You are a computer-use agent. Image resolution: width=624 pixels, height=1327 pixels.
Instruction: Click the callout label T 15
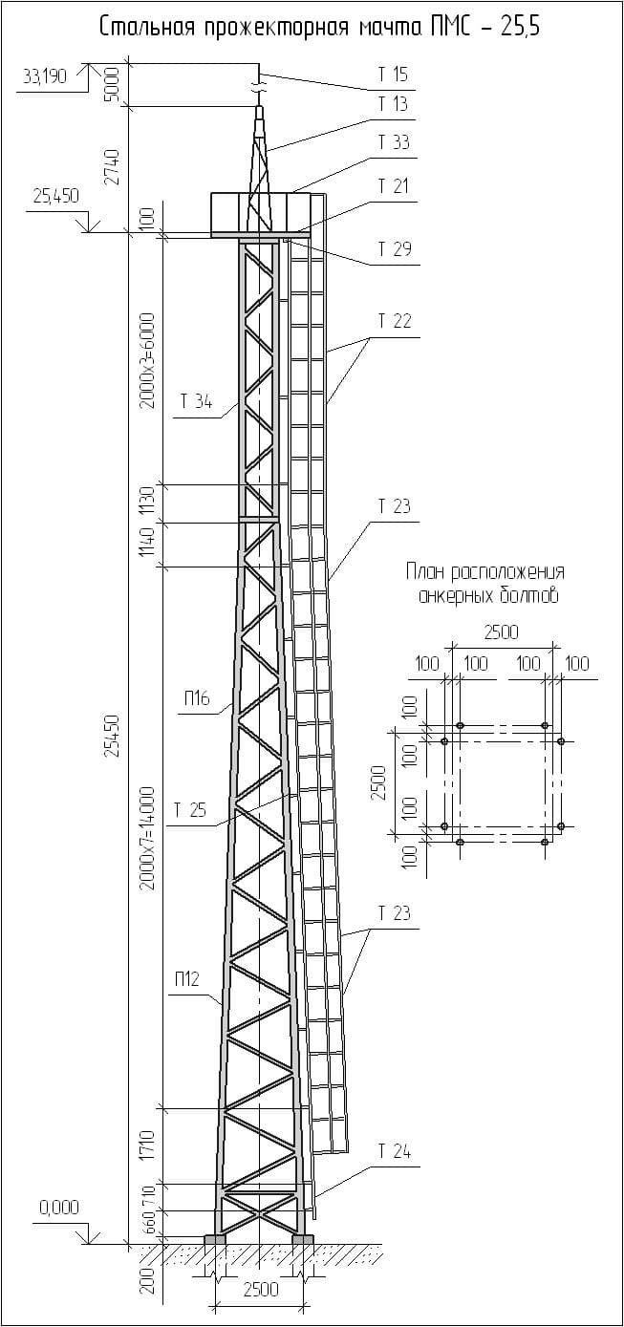[x=394, y=75]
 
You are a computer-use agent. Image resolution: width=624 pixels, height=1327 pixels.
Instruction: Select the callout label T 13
[x=394, y=104]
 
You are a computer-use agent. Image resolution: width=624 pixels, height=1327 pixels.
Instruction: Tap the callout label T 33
[x=394, y=143]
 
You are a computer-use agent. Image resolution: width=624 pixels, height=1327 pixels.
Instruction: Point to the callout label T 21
[x=394, y=186]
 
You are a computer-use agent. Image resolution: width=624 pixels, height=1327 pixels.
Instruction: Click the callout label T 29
[x=394, y=250]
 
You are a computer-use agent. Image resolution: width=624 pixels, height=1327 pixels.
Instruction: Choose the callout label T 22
[x=394, y=322]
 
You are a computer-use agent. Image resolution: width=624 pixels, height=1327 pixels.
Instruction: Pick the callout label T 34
[x=196, y=402]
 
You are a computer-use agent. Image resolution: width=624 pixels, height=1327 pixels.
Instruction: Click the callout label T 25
[x=189, y=811]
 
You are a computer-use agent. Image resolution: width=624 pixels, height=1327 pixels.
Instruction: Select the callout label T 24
[x=394, y=1152]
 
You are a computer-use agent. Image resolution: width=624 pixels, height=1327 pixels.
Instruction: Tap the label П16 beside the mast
[x=197, y=699]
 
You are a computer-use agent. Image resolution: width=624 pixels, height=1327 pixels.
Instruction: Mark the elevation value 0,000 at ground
[x=59, y=1209]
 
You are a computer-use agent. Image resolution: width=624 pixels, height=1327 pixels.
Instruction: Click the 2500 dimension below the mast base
[x=260, y=1290]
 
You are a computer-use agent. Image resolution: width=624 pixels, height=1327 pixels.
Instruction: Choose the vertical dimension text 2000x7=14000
[x=147, y=838]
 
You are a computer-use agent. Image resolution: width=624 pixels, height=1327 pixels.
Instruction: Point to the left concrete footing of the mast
[x=215, y=1240]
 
